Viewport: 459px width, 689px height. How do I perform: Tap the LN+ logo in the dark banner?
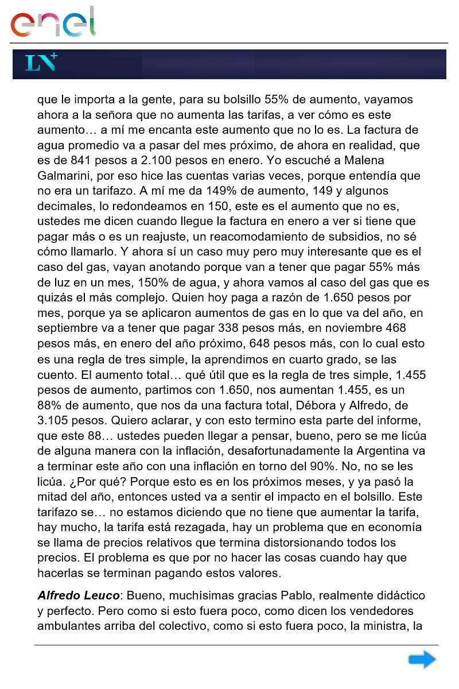[41, 63]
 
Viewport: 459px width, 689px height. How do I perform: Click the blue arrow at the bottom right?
[422, 660]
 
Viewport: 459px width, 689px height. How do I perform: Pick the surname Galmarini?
[64, 176]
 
